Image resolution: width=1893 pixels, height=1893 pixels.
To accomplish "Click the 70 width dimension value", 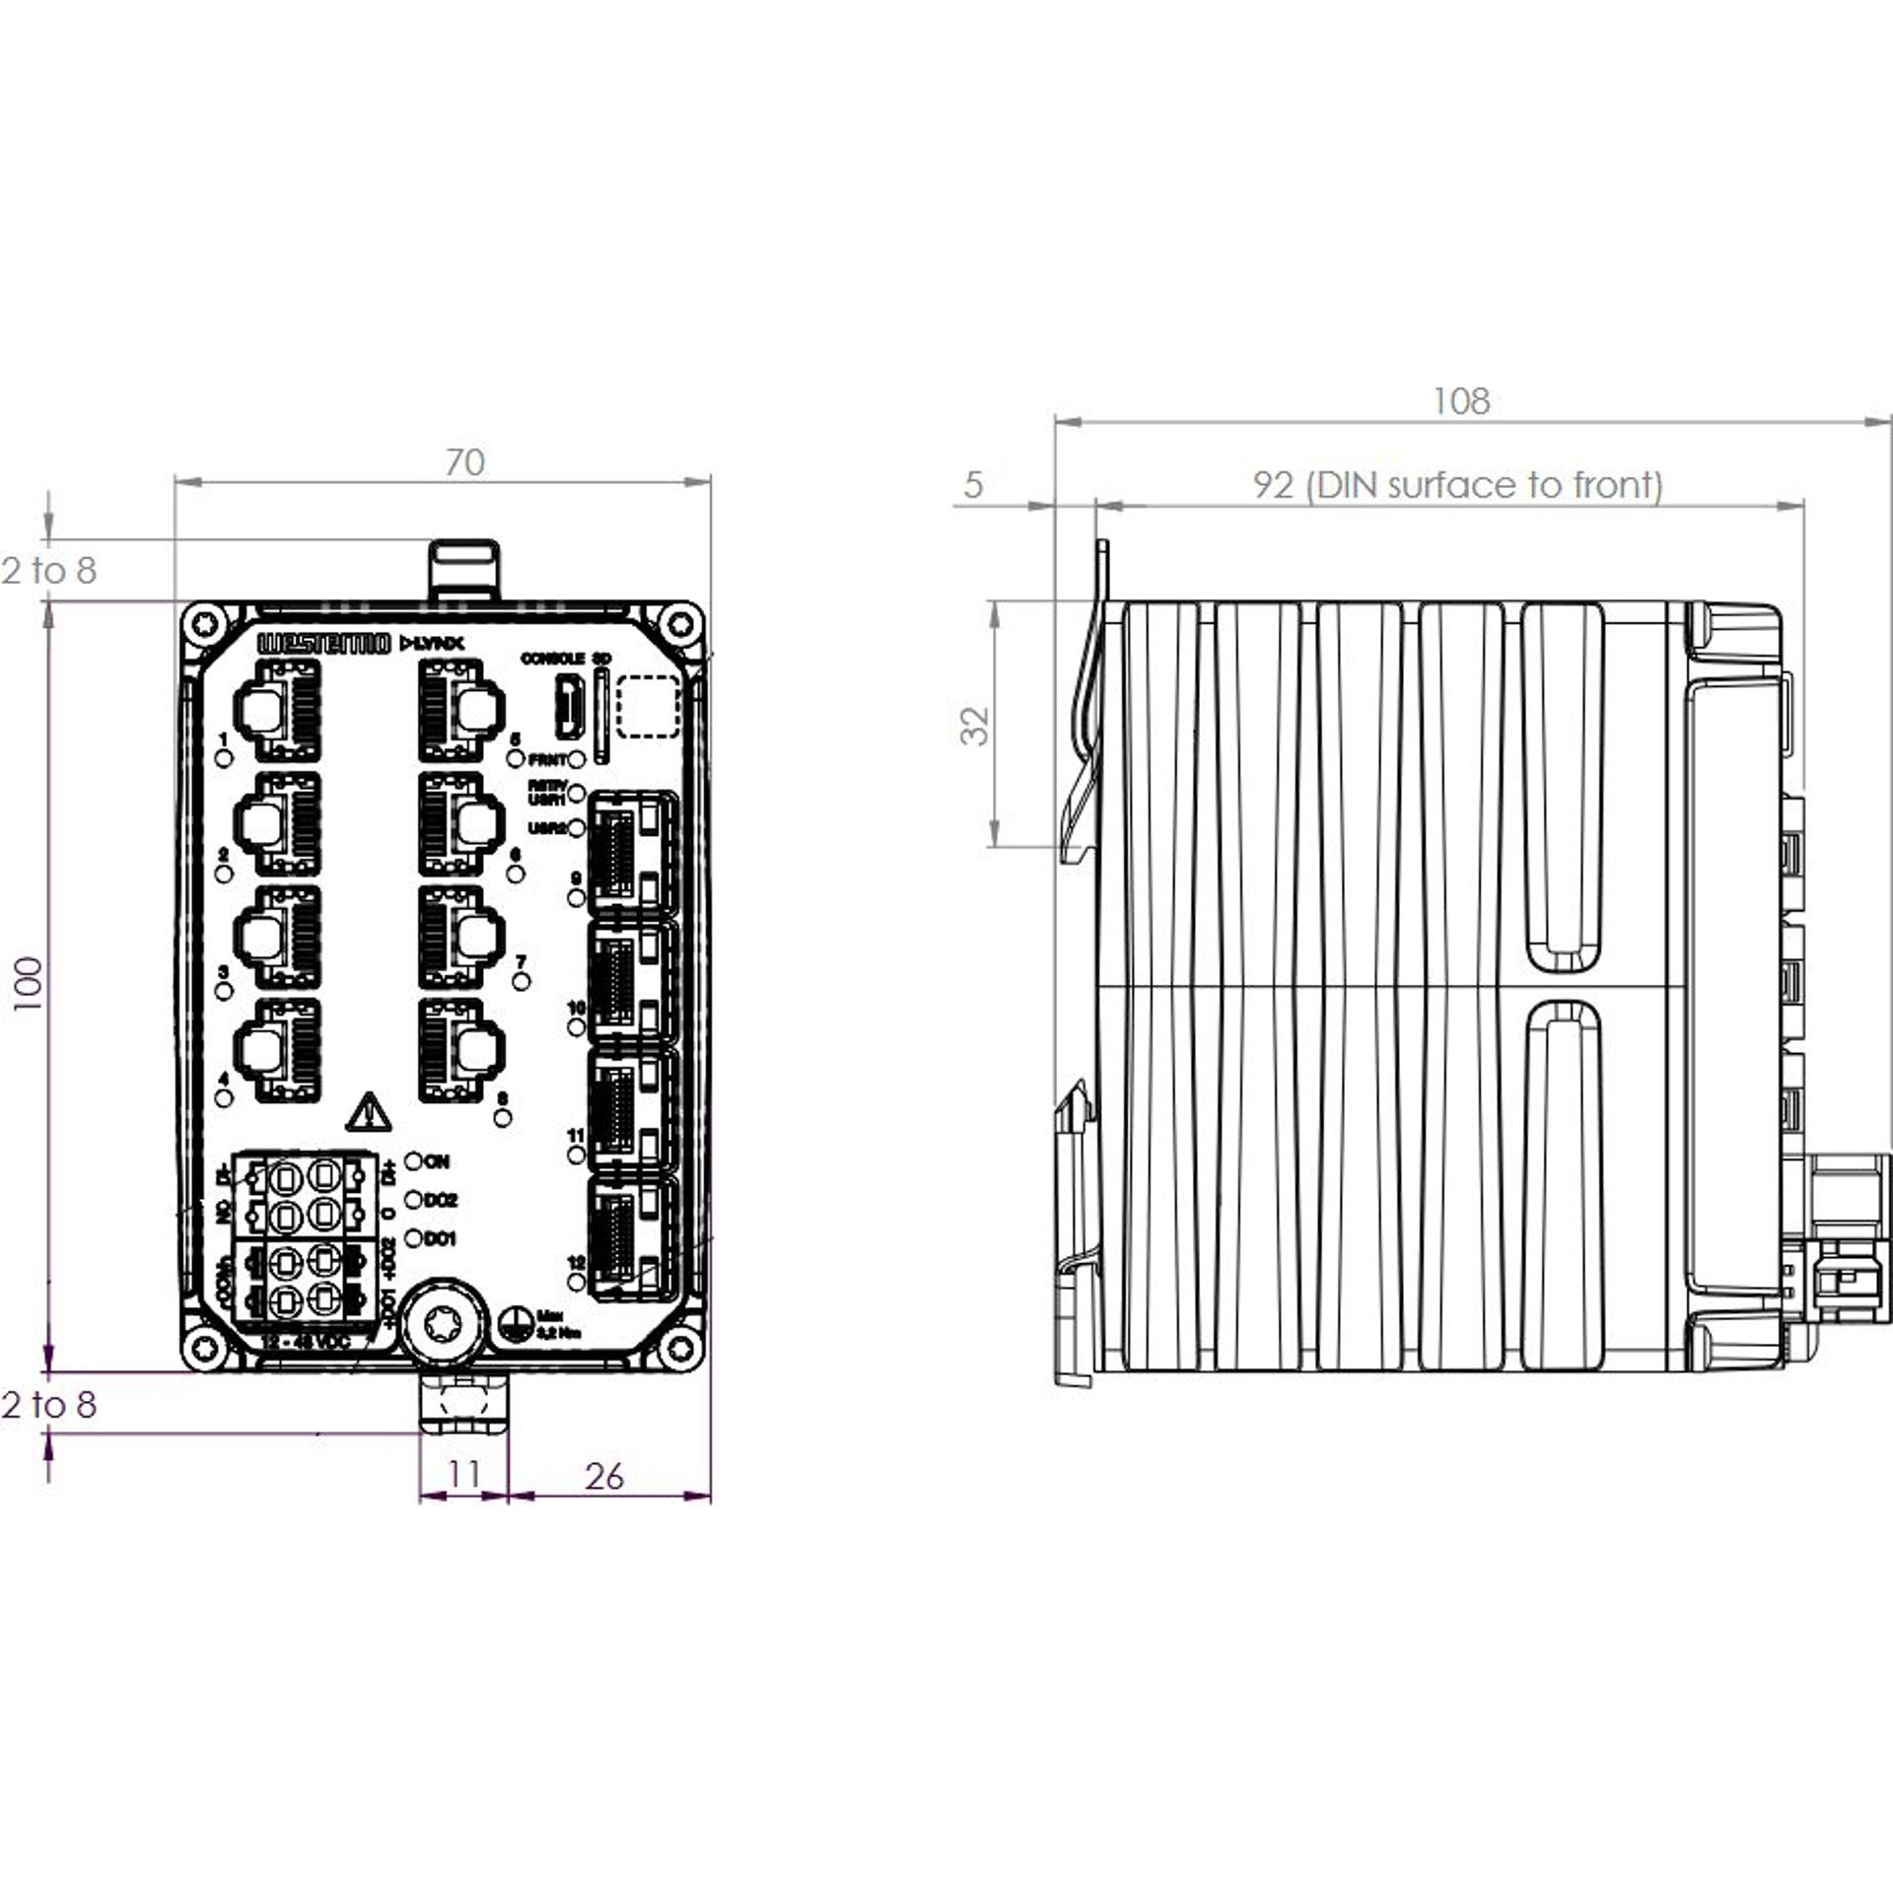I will (464, 462).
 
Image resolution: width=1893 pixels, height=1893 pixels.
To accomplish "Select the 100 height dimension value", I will (29, 983).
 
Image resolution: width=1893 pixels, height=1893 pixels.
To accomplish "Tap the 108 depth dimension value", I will (1460, 401).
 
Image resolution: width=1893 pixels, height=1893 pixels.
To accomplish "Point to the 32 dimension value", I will (975, 725).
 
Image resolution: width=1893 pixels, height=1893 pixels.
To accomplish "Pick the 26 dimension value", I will (603, 1476).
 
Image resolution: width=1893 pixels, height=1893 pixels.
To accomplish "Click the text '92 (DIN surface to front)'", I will (1457, 485).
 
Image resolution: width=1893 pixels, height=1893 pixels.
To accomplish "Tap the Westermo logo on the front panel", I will (323, 644).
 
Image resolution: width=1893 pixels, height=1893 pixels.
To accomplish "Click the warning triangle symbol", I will (369, 1112).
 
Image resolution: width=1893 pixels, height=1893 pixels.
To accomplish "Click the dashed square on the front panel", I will (648, 706).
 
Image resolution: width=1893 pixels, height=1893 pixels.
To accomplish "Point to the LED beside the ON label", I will (414, 1161).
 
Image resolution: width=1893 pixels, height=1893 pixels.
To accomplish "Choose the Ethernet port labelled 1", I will (277, 710).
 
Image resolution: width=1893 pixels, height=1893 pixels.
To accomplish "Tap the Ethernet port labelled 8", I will (460, 1051).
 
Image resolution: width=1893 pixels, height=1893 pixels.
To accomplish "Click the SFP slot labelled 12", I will (632, 1237).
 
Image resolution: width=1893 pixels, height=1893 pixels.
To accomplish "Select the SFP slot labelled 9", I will (632, 853).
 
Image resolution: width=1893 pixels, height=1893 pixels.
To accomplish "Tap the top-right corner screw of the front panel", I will (679, 624).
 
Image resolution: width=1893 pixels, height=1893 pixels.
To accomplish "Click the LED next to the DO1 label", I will (414, 1237).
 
